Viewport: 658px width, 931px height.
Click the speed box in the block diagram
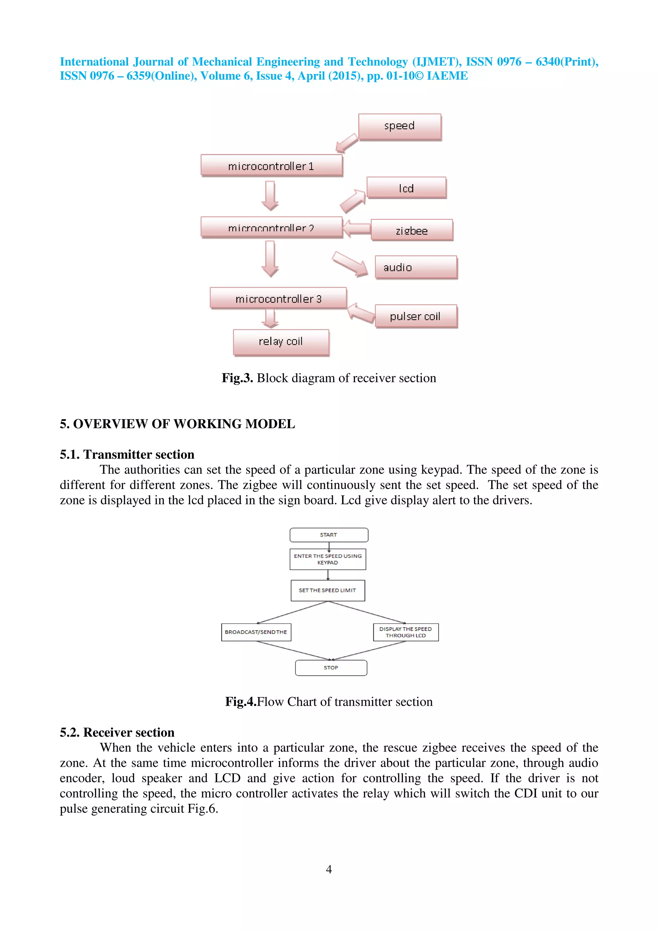pos(400,127)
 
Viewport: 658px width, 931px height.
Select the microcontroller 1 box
pos(271,165)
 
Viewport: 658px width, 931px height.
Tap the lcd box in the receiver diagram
pos(406,188)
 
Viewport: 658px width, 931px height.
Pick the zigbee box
pos(412,230)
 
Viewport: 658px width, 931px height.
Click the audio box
pos(416,267)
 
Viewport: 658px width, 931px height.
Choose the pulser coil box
pos(416,316)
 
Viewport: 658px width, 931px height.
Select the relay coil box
pos(281,342)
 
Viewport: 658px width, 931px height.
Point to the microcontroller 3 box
pos(278,298)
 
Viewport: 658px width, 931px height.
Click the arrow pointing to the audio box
pos(350,264)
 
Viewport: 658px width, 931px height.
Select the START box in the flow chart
pos(328,535)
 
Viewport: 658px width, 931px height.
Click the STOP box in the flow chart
pos(331,668)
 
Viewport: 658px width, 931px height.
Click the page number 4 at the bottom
pos(329,869)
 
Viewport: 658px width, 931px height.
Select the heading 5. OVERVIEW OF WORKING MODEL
pos(177,424)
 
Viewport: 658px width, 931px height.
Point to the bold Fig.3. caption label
pos(237,378)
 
